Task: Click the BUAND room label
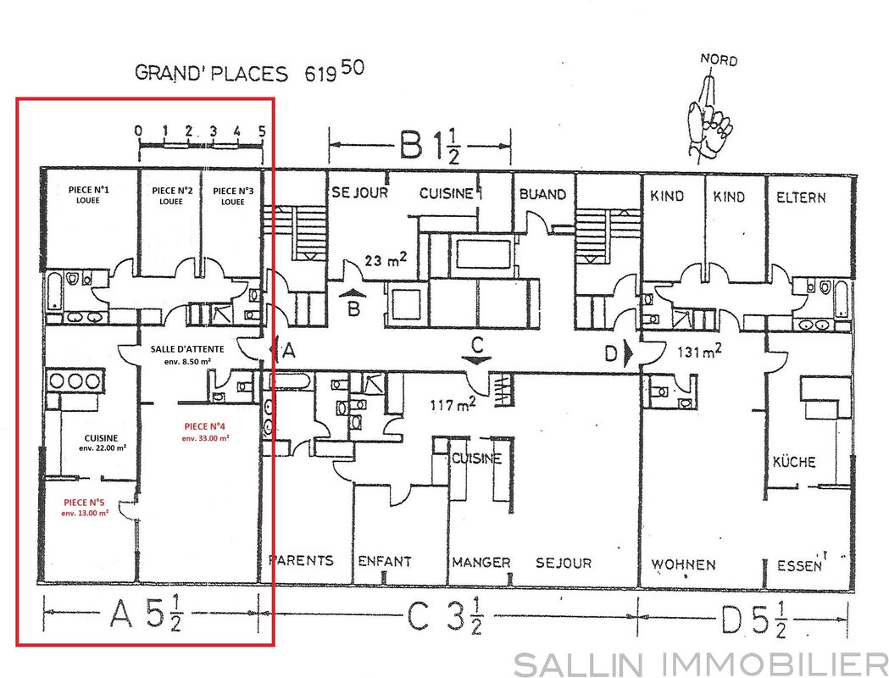[x=542, y=194]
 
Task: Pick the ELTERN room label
[x=801, y=197]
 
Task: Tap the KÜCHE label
[x=794, y=461]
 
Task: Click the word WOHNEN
[x=683, y=564]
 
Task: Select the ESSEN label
[x=799, y=565]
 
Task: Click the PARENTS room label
[x=301, y=561]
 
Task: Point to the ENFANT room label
[x=385, y=561]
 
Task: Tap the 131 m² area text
[x=700, y=351]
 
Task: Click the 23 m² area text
[x=386, y=259]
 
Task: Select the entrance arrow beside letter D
[x=628, y=353]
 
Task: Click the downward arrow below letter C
[x=477, y=360]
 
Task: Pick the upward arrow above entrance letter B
[x=353, y=292]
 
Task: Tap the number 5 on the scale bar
[x=262, y=131]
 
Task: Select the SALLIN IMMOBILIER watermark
[x=701, y=664]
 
